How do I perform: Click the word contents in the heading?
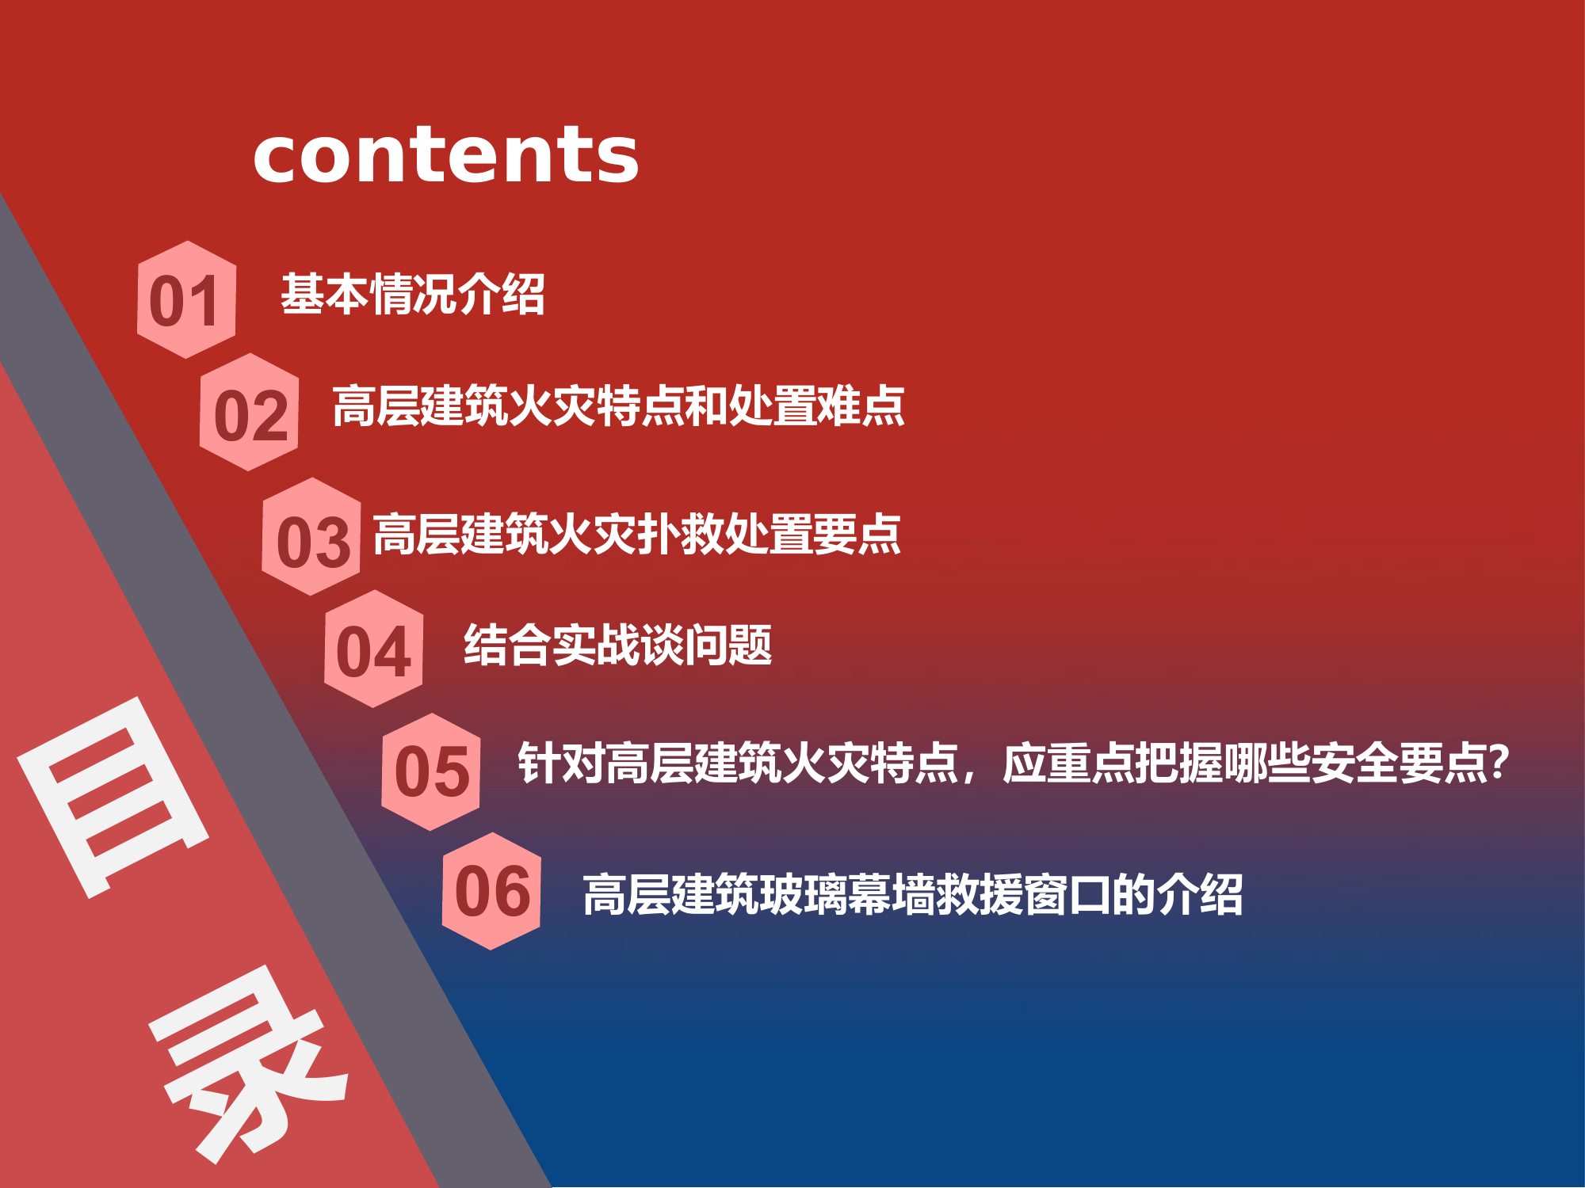445,154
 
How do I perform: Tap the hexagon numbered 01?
186,299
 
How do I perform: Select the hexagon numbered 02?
250,413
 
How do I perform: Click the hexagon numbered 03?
311,537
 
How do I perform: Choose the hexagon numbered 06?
491,891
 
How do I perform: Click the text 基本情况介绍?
412,295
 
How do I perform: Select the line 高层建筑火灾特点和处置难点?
618,406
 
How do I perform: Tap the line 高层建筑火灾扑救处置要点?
636,535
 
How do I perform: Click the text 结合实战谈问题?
617,645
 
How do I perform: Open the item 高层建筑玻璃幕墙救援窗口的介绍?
912,895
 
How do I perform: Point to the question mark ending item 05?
1499,762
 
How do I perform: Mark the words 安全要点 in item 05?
1399,763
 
